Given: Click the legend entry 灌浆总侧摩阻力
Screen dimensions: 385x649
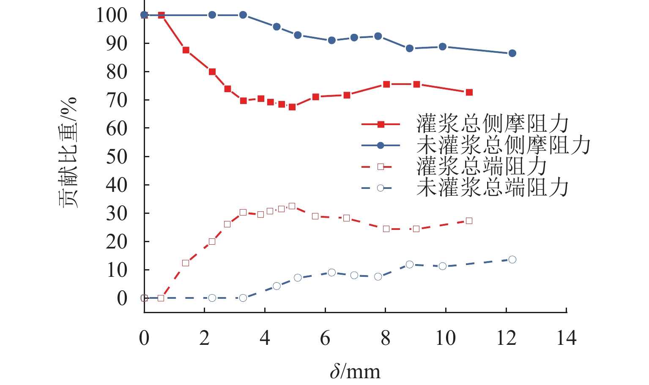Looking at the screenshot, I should click(492, 124).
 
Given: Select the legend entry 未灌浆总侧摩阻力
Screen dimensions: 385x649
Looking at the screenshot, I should click(503, 145).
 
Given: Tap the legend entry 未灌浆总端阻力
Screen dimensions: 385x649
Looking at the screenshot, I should click(492, 188).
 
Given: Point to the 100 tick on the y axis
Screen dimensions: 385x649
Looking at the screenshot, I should click(112, 15).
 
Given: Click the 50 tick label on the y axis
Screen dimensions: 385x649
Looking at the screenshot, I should click(116, 157).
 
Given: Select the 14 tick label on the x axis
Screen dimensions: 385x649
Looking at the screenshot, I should click(566, 338).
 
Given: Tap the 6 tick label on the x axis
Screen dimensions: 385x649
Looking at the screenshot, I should click(325, 338).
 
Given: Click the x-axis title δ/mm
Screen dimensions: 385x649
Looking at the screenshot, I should click(355, 371).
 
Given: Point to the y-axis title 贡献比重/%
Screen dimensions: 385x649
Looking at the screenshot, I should click(68, 152).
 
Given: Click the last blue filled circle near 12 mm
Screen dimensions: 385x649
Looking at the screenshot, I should click(512, 53).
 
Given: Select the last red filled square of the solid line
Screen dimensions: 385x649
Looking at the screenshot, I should click(469, 93).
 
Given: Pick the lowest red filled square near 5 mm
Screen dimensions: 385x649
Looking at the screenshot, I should click(292, 107).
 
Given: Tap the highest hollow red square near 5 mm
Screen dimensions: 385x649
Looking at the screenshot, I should click(292, 206).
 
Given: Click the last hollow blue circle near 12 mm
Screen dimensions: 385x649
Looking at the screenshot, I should click(512, 259).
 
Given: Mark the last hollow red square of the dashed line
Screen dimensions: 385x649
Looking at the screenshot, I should click(469, 221).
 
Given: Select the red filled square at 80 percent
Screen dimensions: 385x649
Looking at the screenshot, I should click(212, 72).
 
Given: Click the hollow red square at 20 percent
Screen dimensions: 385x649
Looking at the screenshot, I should click(212, 242).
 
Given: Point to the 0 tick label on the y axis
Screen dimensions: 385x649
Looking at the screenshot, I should click(122, 298).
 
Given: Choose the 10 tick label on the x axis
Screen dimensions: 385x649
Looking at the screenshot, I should click(446, 338).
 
